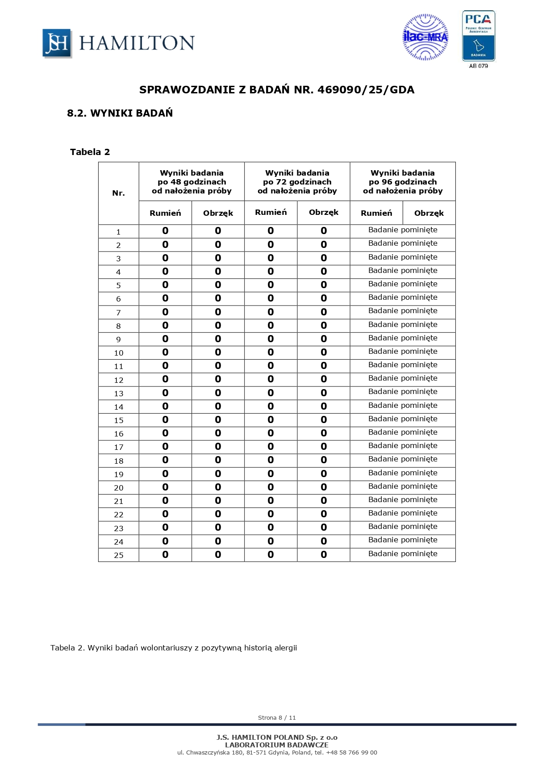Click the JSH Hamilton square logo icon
tap(57, 43)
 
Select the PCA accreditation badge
tap(478, 36)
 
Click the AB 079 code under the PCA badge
tap(478, 66)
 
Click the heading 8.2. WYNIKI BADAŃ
tap(120, 113)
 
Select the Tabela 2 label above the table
tap(90, 152)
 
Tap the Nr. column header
tap(118, 193)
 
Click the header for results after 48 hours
tap(192, 182)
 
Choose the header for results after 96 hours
tap(402, 182)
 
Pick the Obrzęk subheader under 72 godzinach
tap(323, 213)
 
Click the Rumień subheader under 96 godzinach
tap(376, 213)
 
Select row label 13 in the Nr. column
tap(118, 394)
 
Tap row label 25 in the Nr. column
tap(118, 555)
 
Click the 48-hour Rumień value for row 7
tap(165, 312)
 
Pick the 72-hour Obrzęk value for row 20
tap(323, 487)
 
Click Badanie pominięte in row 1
tap(402, 230)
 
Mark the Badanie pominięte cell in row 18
tap(402, 459)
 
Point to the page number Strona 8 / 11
tap(277, 717)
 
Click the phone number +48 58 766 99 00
tap(351, 752)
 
